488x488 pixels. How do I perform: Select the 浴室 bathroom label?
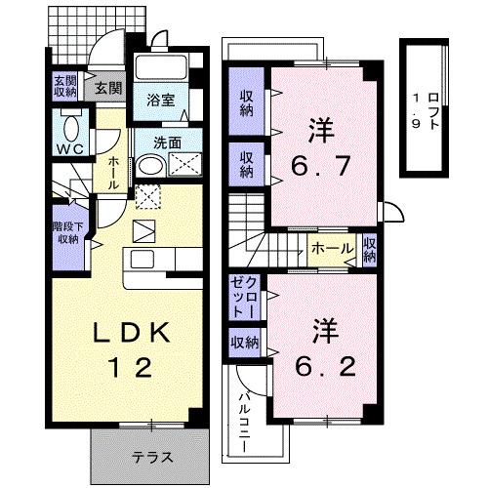click(161, 100)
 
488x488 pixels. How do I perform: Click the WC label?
click(68, 149)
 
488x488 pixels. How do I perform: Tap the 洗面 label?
click(167, 142)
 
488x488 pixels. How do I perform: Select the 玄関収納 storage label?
click(64, 86)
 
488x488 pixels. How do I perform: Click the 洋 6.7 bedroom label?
click(316, 148)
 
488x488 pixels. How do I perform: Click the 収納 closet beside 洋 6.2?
click(244, 343)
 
